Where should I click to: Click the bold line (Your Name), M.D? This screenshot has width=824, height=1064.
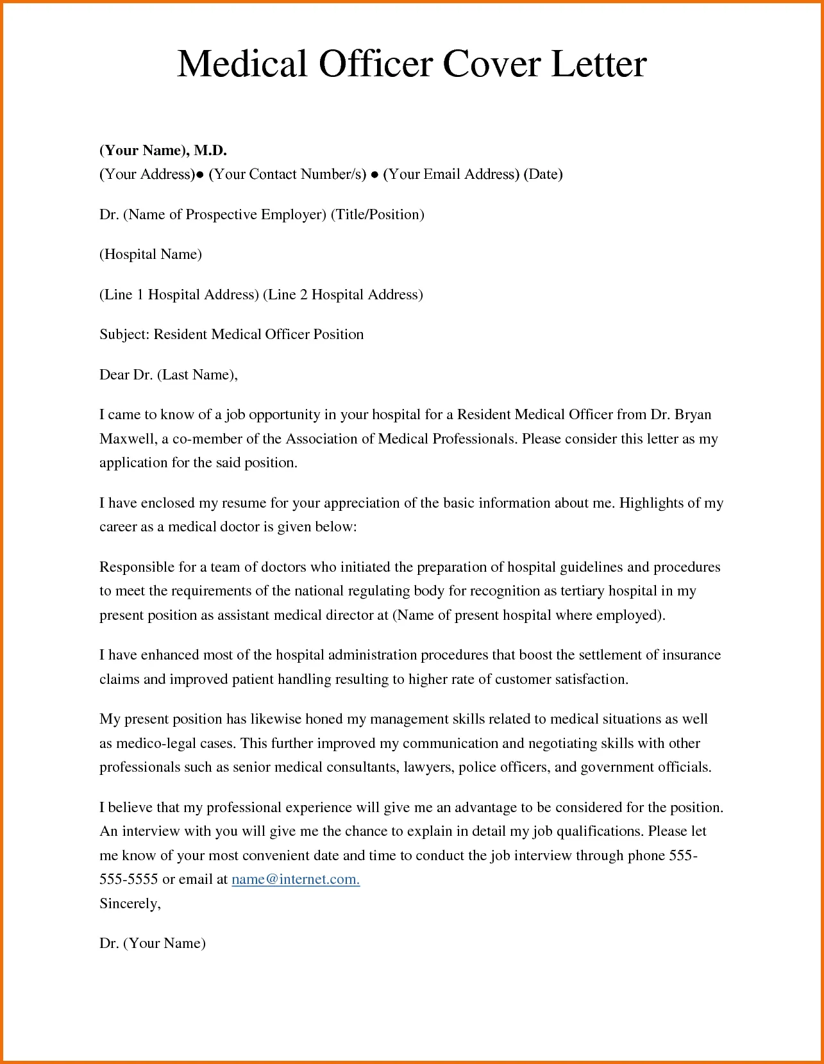(163, 150)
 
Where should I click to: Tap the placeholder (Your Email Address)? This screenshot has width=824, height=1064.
(451, 174)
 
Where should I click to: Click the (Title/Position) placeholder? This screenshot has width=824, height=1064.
(377, 214)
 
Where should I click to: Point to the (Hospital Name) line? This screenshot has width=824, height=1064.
(150, 254)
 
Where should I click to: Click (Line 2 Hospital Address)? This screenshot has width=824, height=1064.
(343, 294)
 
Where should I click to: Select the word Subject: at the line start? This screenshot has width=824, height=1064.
(124, 335)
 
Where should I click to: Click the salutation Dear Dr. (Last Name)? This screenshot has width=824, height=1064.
(168, 374)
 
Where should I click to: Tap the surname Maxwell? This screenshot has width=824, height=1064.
(127, 439)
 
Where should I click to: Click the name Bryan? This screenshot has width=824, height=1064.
(693, 415)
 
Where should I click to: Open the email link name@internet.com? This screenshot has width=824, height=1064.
(295, 879)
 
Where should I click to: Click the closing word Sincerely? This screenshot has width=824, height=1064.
(130, 904)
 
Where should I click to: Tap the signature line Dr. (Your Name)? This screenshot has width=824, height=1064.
(152, 943)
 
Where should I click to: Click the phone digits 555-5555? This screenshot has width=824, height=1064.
(128, 879)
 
